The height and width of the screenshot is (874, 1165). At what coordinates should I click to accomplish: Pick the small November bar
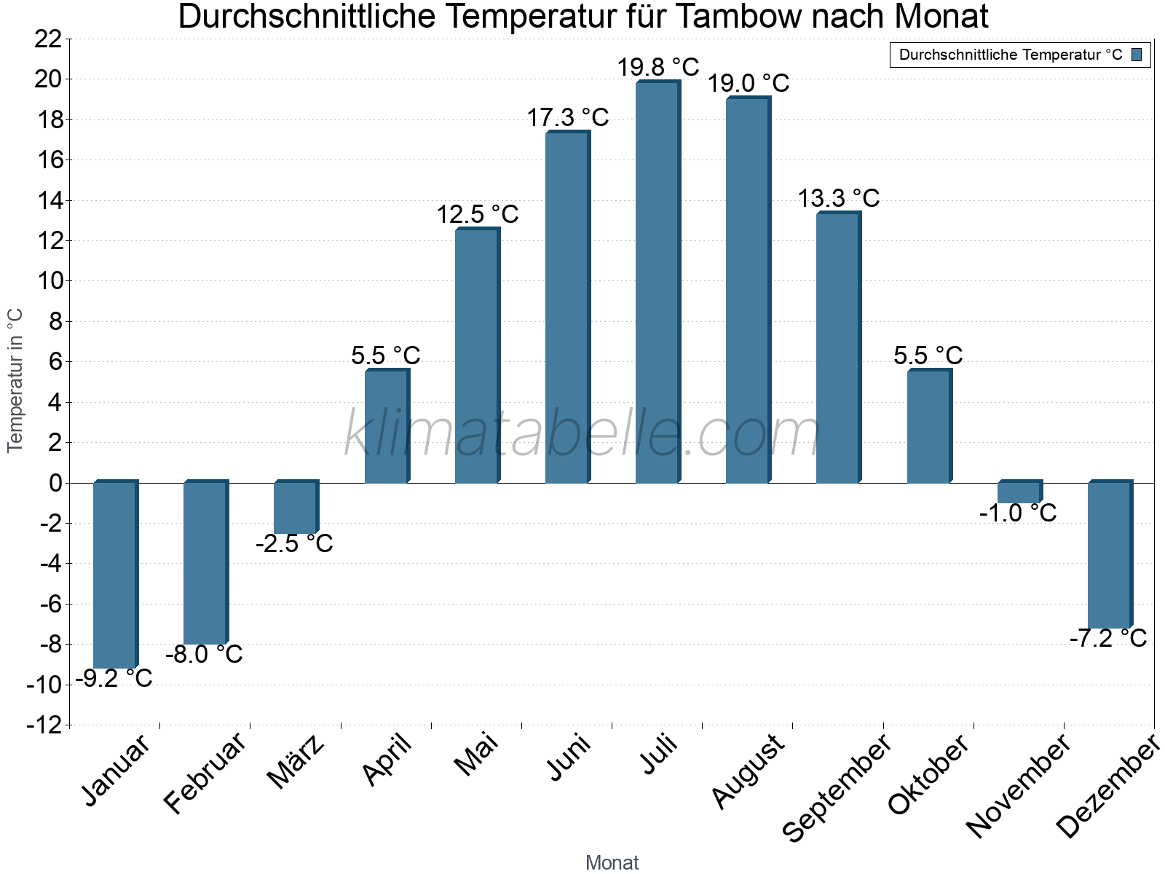click(1019, 492)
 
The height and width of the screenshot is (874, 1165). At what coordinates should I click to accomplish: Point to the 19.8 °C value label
click(658, 68)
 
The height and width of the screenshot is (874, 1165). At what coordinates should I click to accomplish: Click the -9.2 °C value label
click(114, 679)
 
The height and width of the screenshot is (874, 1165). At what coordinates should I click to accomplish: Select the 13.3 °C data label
click(839, 198)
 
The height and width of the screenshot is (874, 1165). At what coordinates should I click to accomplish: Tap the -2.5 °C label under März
click(294, 543)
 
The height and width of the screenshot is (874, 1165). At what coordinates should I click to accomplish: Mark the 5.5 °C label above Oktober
click(928, 355)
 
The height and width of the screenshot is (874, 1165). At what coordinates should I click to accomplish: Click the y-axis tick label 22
click(48, 39)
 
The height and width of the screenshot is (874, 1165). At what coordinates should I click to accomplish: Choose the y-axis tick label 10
click(48, 281)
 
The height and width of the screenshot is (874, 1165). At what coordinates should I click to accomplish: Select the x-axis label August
click(749, 771)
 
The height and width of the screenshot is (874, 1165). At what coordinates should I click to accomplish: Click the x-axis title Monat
click(612, 863)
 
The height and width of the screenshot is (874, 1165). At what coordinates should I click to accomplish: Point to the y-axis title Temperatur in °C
click(15, 379)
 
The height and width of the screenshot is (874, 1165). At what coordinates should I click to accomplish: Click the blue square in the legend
click(1137, 55)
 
